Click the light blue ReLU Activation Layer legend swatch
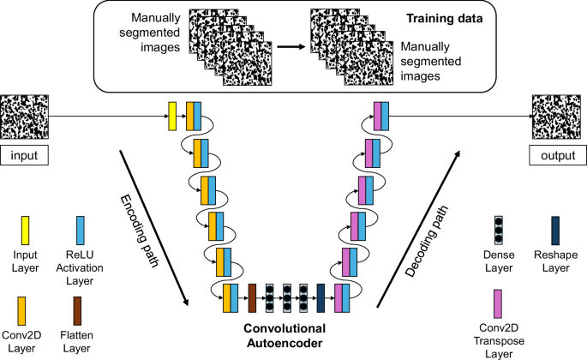point(80,230)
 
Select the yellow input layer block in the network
point(171,116)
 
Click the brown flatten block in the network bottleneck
point(252,296)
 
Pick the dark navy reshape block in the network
point(320,296)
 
